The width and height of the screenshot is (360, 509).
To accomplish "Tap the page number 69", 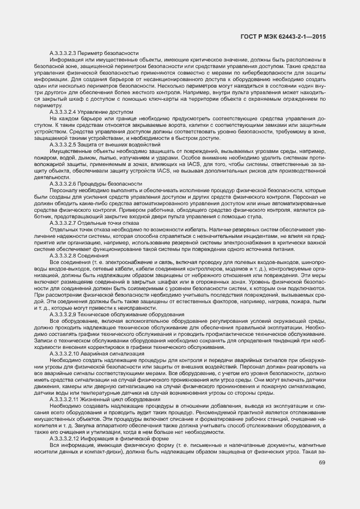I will coord(322,463).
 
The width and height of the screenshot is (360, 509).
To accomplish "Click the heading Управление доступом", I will coord(100,111).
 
